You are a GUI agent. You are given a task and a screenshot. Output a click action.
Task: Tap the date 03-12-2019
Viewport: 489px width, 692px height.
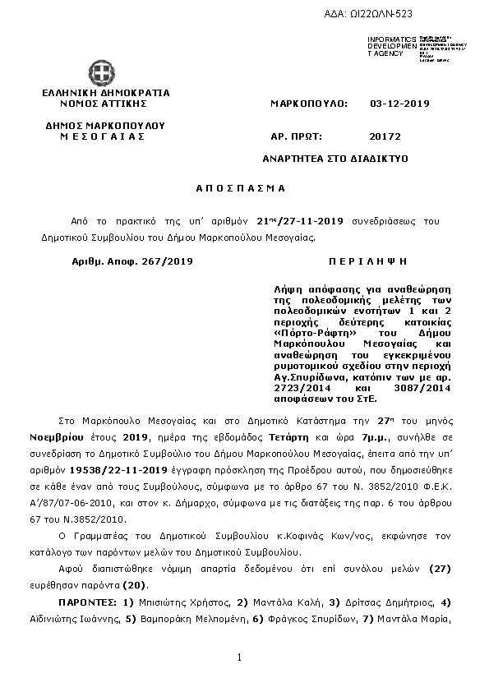399,104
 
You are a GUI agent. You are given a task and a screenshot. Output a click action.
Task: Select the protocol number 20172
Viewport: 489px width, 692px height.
385,136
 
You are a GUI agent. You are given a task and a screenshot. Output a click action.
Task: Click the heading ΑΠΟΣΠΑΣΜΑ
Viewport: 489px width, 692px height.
240,188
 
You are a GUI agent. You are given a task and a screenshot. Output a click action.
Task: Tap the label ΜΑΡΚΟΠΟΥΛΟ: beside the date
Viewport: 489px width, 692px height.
309,104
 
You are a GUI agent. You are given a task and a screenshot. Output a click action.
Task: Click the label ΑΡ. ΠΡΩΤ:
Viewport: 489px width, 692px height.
296,136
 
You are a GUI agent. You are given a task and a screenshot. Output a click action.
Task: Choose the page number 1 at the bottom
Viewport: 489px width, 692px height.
238,657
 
